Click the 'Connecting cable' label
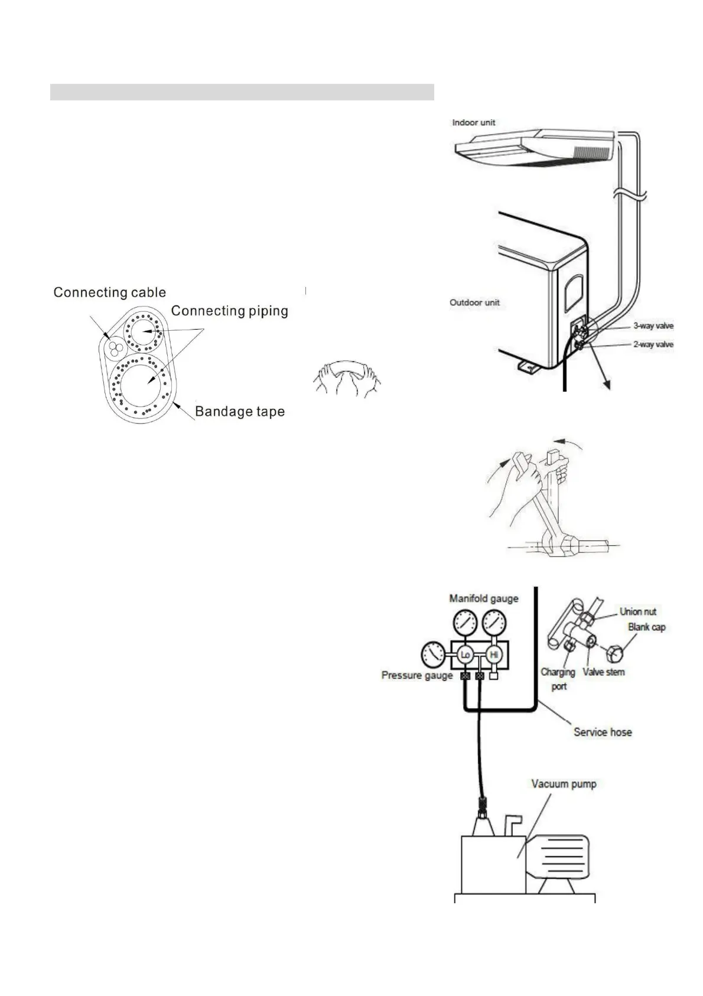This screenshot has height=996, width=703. click(109, 292)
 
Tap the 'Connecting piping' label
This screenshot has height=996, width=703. click(229, 311)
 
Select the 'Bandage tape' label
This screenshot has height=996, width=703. click(240, 412)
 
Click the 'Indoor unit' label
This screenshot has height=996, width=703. click(474, 123)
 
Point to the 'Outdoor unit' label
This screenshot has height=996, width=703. click(474, 302)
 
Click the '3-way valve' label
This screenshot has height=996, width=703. click(653, 326)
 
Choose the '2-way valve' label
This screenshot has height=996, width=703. click(653, 344)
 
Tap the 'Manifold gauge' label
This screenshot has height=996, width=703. click(484, 598)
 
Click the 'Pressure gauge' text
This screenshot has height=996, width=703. click(416, 675)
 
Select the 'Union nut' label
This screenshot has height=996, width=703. click(637, 611)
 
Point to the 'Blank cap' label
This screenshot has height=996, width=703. click(646, 627)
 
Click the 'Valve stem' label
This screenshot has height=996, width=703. click(603, 672)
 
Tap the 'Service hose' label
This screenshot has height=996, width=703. click(603, 732)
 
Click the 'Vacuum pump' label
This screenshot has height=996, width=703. click(564, 784)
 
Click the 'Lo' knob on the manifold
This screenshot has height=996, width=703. click(465, 655)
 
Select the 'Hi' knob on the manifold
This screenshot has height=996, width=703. click(494, 655)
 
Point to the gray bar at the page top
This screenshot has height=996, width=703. click(242, 92)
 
